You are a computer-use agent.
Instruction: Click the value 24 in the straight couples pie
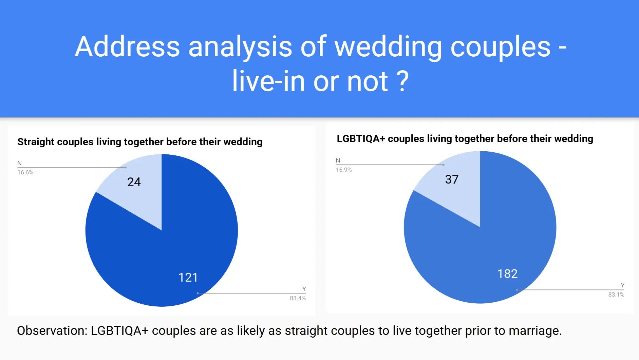pyautogui.click(x=134, y=182)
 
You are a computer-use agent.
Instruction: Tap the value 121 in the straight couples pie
pyautogui.click(x=188, y=278)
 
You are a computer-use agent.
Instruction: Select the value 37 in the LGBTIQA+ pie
pyautogui.click(x=452, y=179)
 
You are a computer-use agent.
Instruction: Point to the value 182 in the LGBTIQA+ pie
pyautogui.click(x=507, y=274)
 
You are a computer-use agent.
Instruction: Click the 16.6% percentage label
pyautogui.click(x=25, y=172)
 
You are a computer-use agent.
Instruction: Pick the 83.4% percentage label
pyautogui.click(x=298, y=298)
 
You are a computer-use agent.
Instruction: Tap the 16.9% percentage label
pyautogui.click(x=344, y=170)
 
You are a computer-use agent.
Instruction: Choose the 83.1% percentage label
pyautogui.click(x=616, y=295)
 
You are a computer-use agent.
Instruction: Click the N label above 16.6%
pyautogui.click(x=19, y=163)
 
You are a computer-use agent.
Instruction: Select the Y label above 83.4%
pyautogui.click(x=304, y=289)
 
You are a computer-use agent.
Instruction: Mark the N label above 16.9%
pyautogui.click(x=338, y=160)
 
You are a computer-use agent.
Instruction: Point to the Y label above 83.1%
pyautogui.click(x=623, y=285)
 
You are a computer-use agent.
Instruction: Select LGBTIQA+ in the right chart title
pyautogui.click(x=361, y=139)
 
